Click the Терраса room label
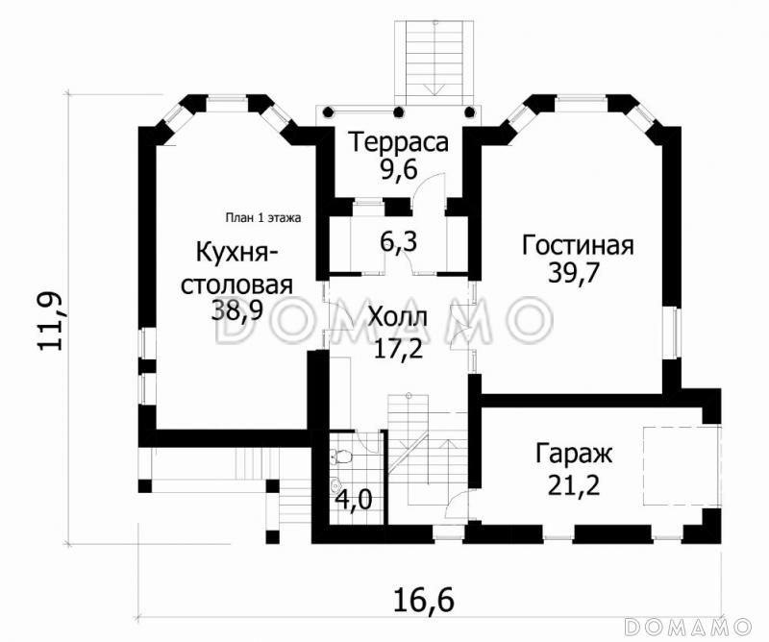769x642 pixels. point(399,143)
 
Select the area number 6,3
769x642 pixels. point(398,241)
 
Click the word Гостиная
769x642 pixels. point(578,245)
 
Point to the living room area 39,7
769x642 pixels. point(574,274)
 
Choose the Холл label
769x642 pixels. point(399,318)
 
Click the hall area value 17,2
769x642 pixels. point(399,347)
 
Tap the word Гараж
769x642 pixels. point(576,452)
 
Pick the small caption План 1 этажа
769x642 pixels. point(262,217)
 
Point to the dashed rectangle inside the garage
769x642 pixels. point(682,464)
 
